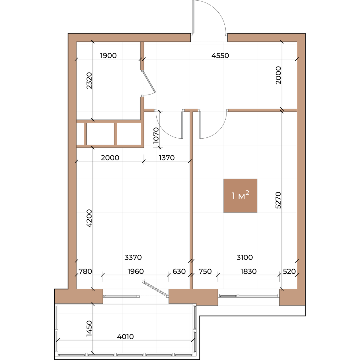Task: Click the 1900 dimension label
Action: (x=108, y=56)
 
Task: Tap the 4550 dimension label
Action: (x=220, y=56)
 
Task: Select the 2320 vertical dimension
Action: (x=89, y=80)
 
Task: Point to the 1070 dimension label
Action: (x=156, y=135)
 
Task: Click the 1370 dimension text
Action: (x=167, y=158)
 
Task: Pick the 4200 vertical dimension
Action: (x=89, y=218)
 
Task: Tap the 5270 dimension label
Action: (x=278, y=200)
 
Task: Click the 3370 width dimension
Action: (x=133, y=257)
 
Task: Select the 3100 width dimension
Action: (x=244, y=257)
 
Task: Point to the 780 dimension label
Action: (x=85, y=271)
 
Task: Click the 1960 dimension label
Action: (x=136, y=271)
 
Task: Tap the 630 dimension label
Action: (x=179, y=271)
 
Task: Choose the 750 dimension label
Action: (x=205, y=271)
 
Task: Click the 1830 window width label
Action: (x=248, y=271)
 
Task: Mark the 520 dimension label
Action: (x=289, y=271)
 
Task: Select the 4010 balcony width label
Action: (x=125, y=337)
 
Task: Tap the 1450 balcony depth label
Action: (x=89, y=328)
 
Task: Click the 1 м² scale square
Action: (x=240, y=196)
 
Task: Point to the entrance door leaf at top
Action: (x=194, y=17)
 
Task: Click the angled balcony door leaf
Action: (x=155, y=288)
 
